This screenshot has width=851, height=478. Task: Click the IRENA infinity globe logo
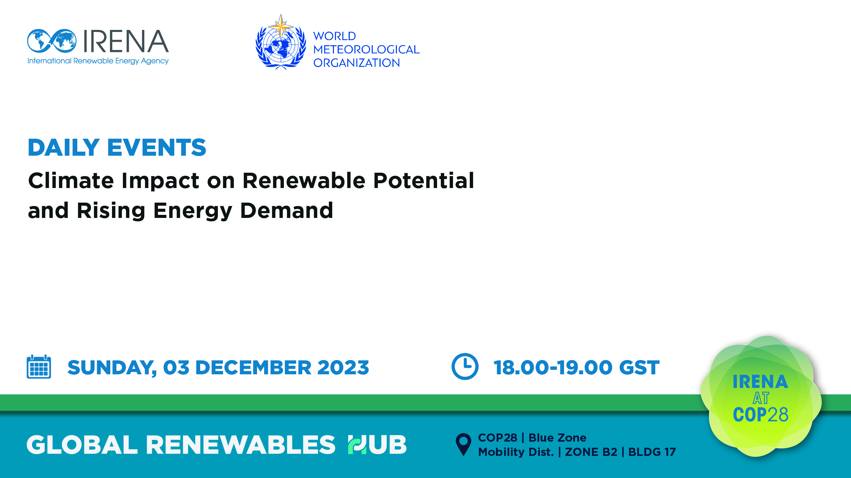pos(52,41)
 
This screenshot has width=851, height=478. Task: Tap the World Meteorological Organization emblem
pos(281,42)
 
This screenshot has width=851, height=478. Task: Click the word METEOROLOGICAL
pos(366,49)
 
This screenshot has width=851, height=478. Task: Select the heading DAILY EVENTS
pos(117,147)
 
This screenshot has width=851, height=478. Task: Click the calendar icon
pos(39,366)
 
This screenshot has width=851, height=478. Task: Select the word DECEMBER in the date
pos(253,368)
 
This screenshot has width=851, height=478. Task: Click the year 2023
pos(343,368)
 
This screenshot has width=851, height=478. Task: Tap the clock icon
pos(465,366)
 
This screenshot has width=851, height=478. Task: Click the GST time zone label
pos(639,368)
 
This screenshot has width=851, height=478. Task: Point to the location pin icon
pos(463,444)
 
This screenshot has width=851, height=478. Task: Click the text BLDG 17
pos(652,452)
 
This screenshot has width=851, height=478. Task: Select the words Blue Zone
pos(557,438)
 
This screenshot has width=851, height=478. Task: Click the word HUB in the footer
pos(377,444)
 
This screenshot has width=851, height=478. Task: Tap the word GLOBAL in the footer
pos(82,444)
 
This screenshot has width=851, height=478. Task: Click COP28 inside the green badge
pos(760,414)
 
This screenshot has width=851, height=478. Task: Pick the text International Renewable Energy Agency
pos(98,61)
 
